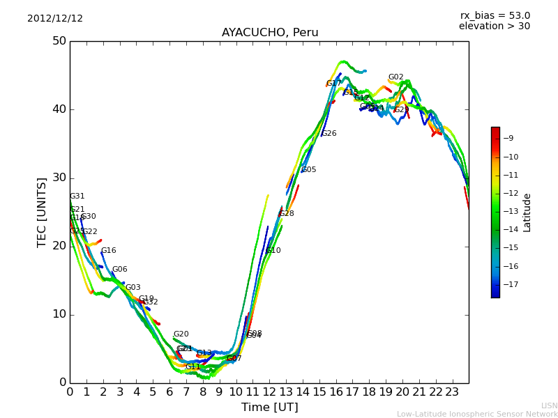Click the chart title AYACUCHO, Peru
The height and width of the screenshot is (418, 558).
(x=270, y=33)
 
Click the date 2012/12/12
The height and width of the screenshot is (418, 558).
(x=55, y=19)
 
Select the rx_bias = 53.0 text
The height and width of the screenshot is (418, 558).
(x=495, y=16)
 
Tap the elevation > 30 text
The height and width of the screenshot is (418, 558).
(x=494, y=26)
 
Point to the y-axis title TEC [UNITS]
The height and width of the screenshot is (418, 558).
(x=42, y=212)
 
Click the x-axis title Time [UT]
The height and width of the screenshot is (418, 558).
(x=269, y=407)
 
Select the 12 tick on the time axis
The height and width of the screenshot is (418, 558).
(x=269, y=392)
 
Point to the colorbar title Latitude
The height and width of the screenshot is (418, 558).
(x=527, y=212)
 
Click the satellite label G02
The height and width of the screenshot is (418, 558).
(x=395, y=77)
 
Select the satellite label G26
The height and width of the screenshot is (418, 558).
(x=329, y=134)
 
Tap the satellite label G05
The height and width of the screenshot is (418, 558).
(x=308, y=170)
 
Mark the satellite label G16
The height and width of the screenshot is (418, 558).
(x=108, y=251)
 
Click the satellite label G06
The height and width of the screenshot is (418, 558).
(x=119, y=270)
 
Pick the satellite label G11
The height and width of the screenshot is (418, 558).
(x=193, y=367)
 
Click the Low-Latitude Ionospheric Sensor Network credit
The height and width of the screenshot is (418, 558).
(x=477, y=414)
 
